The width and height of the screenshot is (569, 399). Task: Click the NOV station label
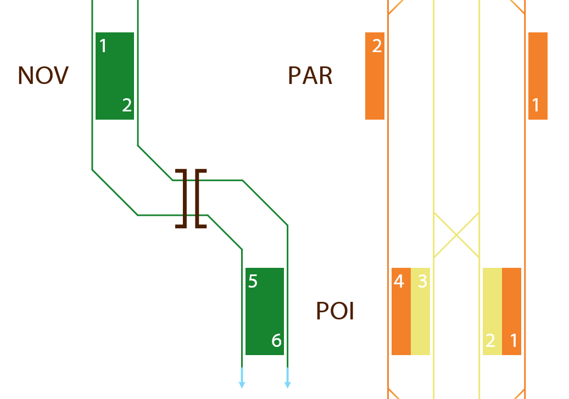pos(43,76)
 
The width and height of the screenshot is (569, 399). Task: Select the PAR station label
pos(310,76)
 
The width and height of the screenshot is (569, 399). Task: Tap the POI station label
pos(335,311)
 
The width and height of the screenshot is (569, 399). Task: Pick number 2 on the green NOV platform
pos(127,105)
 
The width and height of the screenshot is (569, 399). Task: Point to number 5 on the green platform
pos(253,282)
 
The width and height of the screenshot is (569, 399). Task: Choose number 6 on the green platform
pos(277,341)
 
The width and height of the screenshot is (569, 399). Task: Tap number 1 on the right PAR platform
pos(537,105)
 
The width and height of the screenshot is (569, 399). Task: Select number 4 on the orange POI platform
pos(399,282)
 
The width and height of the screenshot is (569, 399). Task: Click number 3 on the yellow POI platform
pos(422,282)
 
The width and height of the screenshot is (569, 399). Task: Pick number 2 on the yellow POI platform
pos(490,341)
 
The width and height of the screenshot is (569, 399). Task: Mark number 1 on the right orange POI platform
pos(514,341)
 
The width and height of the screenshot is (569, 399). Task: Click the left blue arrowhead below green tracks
pos(242,384)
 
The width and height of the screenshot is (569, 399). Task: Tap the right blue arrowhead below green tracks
pos(287,384)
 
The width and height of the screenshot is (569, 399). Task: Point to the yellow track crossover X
pos(456,235)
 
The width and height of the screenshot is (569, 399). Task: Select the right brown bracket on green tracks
pos(200,198)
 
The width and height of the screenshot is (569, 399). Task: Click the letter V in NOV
pos(61,76)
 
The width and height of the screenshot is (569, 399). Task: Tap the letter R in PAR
pos(325,76)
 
